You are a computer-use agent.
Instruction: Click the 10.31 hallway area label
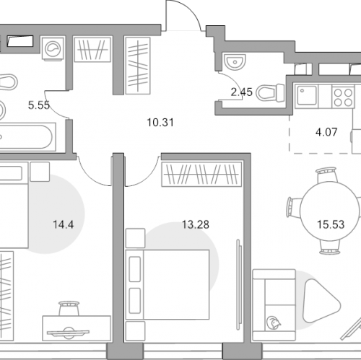tap(160, 123)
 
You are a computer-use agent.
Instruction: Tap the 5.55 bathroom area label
tap(39, 105)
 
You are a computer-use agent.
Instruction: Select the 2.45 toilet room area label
tap(241, 92)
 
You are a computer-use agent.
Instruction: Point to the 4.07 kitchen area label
tap(326, 132)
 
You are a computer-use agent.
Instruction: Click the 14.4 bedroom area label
tap(63, 224)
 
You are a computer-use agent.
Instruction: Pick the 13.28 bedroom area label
tap(196, 224)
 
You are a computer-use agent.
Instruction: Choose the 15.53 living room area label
tap(331, 224)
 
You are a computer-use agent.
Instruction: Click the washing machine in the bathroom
tap(53, 48)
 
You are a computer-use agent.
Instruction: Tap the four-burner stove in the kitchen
tap(343, 97)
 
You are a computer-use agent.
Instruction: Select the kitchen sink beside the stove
tap(307, 96)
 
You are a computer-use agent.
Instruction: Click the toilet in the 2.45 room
tap(270, 92)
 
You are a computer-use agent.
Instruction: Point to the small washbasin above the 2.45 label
tap(235, 61)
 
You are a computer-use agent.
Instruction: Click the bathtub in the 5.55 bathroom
tap(27, 136)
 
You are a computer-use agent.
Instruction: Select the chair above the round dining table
tap(326, 175)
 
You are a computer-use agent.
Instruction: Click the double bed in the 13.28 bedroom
tap(168, 284)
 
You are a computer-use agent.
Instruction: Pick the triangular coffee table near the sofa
tap(321, 301)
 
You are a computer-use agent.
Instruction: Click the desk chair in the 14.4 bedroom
tap(69, 308)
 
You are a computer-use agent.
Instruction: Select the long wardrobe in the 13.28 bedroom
tap(201, 175)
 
